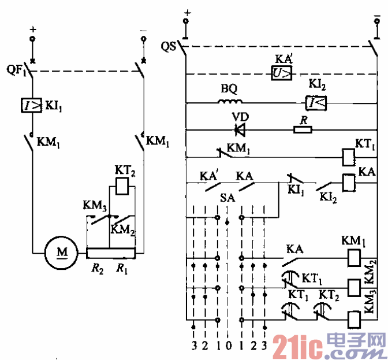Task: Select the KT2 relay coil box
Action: (x=121, y=186)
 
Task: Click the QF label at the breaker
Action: (x=16, y=71)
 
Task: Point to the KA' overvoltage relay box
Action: (x=283, y=73)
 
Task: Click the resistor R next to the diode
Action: (x=303, y=128)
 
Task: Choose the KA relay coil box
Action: (x=348, y=182)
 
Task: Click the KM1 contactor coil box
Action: (x=352, y=257)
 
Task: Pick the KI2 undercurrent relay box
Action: (x=315, y=103)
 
